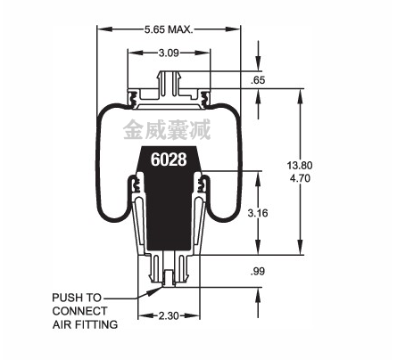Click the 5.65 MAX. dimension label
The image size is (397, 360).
(x=169, y=29)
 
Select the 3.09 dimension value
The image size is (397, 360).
(x=169, y=53)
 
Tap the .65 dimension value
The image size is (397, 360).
(x=258, y=80)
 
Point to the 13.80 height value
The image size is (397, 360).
(x=300, y=165)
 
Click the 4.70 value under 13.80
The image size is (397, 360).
(x=300, y=178)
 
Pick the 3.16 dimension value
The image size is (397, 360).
(x=258, y=213)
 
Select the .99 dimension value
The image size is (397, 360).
(x=258, y=271)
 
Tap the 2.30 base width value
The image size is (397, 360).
(x=169, y=315)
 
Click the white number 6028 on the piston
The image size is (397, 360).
(x=169, y=160)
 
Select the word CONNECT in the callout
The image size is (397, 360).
(x=79, y=311)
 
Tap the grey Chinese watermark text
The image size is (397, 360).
(x=167, y=129)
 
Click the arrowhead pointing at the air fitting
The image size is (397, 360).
(x=156, y=290)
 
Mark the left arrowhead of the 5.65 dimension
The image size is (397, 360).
(x=104, y=29)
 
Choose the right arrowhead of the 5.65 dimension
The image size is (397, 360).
(x=233, y=29)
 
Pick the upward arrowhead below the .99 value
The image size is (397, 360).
(x=258, y=295)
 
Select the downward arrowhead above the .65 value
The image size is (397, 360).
(x=258, y=64)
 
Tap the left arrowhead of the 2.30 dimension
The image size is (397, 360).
(x=145, y=315)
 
